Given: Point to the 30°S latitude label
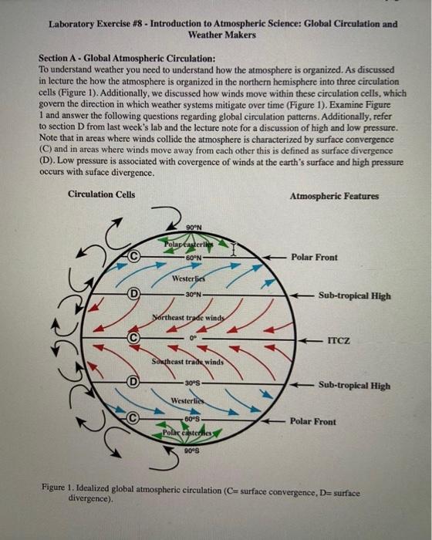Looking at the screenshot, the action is click(193, 383).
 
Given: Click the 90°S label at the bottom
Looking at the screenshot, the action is click(193, 451).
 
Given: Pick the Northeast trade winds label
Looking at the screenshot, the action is click(189, 317).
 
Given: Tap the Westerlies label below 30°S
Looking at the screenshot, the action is click(187, 401).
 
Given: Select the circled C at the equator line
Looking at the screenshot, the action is click(133, 337).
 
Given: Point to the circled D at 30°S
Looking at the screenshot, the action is click(133, 381).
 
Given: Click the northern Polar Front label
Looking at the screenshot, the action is click(313, 257).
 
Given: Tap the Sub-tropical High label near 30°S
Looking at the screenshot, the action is click(354, 386).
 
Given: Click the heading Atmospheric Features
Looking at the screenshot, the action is click(334, 196).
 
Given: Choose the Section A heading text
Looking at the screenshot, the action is click(127, 59).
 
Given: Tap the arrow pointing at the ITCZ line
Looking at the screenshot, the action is click(311, 339).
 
